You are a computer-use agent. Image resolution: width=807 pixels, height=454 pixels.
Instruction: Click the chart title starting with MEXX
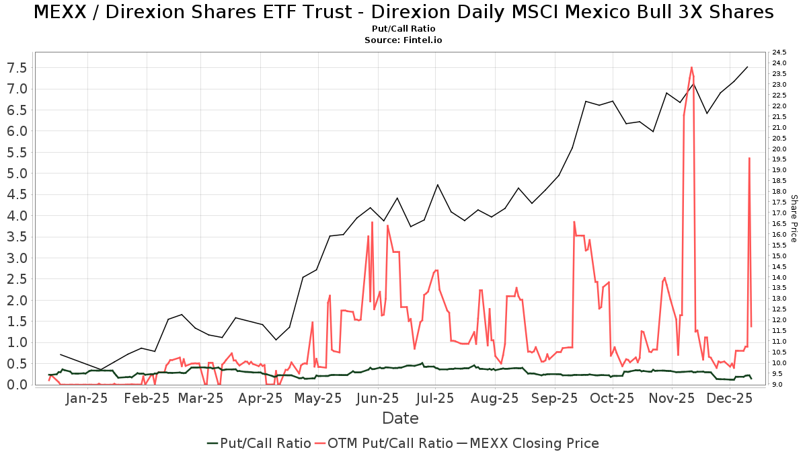(403, 12)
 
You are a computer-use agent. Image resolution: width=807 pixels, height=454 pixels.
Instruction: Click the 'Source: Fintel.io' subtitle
(403, 40)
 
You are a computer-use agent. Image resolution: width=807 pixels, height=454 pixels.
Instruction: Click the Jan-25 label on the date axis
(87, 398)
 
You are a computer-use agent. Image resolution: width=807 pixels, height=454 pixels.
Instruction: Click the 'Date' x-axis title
(400, 418)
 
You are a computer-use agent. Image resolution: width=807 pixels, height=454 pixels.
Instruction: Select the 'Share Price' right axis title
(794, 219)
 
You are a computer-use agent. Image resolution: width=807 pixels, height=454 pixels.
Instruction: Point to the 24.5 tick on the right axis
(779, 52)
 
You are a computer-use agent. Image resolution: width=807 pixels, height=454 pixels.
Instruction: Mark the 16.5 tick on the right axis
(779, 224)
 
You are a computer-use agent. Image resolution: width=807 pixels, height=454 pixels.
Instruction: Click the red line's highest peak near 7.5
(691, 67)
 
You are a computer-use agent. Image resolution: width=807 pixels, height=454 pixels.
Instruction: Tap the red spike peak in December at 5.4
(749, 158)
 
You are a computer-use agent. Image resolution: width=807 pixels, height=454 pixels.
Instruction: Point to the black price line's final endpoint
(748, 67)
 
